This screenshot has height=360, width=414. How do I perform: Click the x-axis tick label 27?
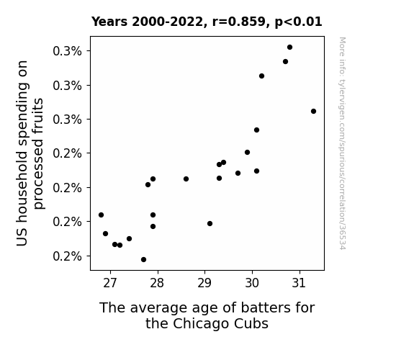[x=110, y=283]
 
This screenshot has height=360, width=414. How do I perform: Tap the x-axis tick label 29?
[x=204, y=283]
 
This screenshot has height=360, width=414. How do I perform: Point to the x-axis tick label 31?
[x=299, y=283]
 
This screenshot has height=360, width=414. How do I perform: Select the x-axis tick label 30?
[x=252, y=283]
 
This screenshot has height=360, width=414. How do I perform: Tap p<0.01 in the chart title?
[x=298, y=22]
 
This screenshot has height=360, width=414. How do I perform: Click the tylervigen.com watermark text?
[x=342, y=143]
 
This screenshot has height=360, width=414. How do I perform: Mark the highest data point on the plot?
[x=289, y=48]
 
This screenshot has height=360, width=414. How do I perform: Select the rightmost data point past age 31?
[x=313, y=111]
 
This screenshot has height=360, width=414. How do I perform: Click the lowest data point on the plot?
[x=143, y=260]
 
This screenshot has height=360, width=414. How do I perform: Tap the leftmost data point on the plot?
[x=101, y=215]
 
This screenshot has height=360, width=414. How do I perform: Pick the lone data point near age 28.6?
[x=186, y=179]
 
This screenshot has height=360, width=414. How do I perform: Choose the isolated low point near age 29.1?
[x=210, y=224]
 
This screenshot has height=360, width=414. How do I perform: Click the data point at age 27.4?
[x=129, y=239]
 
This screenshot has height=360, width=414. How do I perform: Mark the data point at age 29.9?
[x=247, y=153]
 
